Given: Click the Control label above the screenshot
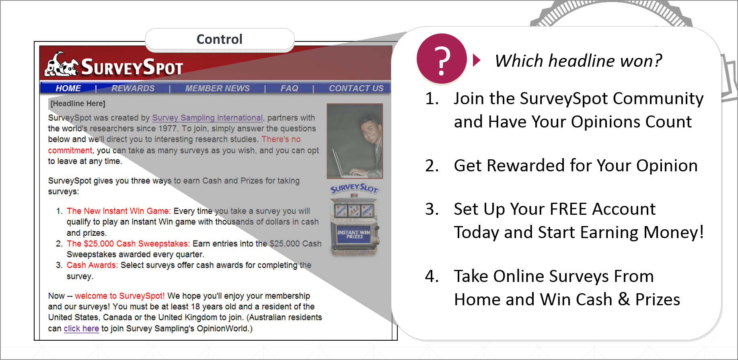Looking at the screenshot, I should (x=220, y=39).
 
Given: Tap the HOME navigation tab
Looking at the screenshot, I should (x=68, y=88).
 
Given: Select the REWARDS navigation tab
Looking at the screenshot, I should (x=133, y=88).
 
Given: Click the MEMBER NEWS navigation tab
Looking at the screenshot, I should (x=217, y=88).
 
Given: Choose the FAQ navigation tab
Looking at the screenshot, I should (x=289, y=88).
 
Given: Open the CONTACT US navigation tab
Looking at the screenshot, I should (x=356, y=88).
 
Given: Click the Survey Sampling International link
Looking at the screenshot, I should (x=207, y=118).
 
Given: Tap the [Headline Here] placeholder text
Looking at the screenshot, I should (x=78, y=104).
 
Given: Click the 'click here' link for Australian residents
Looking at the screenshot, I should (x=81, y=329).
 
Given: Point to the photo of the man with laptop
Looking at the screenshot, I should (x=355, y=141).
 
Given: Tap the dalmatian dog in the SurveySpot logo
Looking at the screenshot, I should (x=60, y=65).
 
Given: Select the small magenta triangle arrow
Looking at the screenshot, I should (x=477, y=60).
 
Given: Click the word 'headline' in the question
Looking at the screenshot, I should (x=582, y=61).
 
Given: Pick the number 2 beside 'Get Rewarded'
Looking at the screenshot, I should (x=432, y=166).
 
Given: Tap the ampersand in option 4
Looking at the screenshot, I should (x=624, y=299).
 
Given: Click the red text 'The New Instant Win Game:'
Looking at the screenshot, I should (x=119, y=211).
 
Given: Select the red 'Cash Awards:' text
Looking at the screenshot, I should (x=92, y=265).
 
